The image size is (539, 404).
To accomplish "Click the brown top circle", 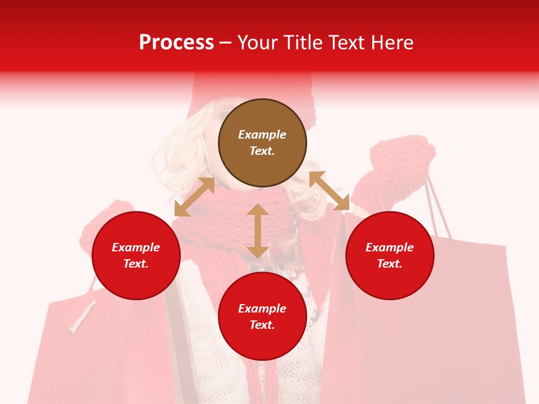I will (262, 143).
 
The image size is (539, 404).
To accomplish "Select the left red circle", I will (136, 255).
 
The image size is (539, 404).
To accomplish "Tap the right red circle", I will (390, 255).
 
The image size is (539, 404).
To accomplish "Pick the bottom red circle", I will (262, 316).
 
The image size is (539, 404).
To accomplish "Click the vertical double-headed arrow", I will (257, 231).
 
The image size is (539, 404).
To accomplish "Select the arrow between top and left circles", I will (194, 197).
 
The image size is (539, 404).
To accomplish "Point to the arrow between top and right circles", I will (329, 191).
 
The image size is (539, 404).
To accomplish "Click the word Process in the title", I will (176, 43).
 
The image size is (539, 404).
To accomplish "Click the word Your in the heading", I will (259, 43).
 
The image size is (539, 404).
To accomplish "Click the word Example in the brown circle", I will (262, 135).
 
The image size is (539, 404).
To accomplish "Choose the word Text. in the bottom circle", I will (262, 325).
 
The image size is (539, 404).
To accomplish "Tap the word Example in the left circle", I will (136, 247).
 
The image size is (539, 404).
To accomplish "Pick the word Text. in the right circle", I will (390, 264).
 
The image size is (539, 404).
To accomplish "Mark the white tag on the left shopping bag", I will (83, 317).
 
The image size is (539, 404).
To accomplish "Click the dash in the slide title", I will (226, 43).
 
